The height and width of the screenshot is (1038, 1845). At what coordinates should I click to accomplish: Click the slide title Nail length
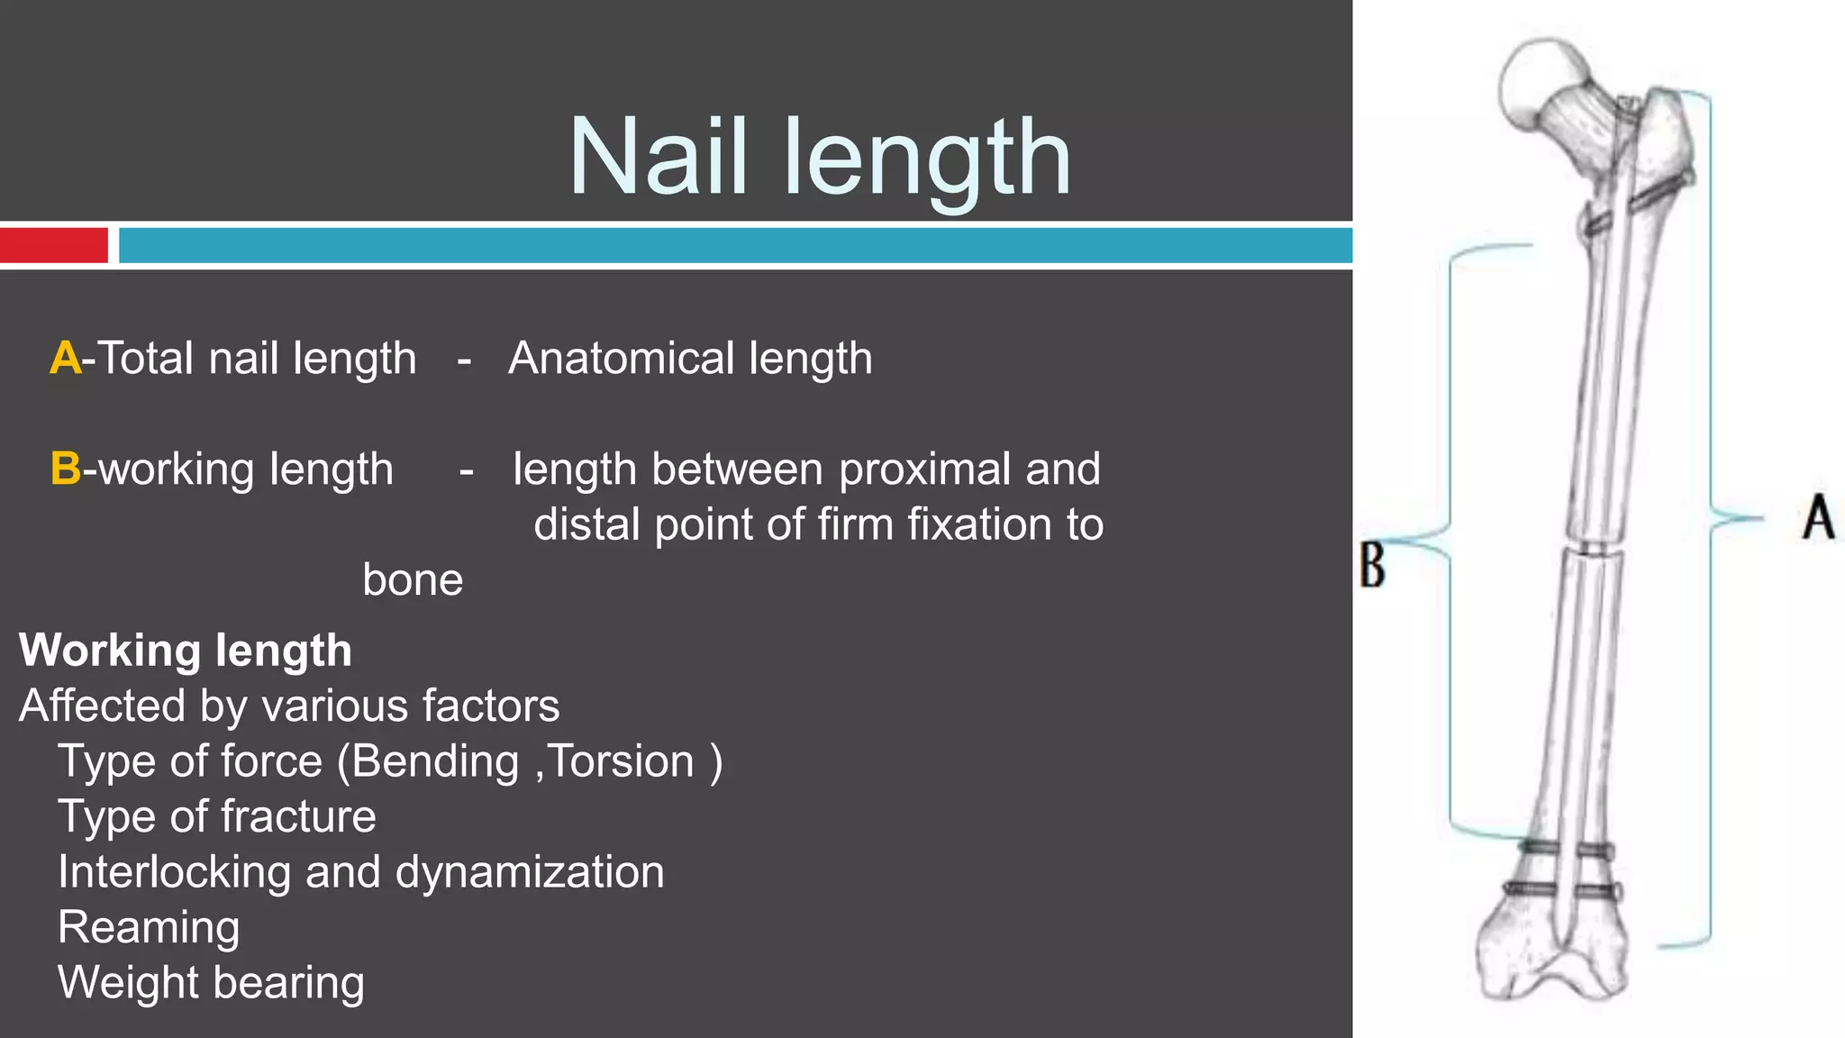820,158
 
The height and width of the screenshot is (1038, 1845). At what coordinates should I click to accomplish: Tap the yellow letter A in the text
66,359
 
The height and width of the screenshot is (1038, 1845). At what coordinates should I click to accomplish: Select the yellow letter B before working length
66,469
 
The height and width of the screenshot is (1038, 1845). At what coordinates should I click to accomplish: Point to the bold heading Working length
186,651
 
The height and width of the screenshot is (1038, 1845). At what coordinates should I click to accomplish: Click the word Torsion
622,761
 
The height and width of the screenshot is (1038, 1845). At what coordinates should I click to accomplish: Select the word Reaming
150,927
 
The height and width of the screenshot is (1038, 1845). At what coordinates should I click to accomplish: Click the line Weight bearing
212,982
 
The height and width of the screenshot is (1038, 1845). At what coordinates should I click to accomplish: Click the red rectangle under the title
54,245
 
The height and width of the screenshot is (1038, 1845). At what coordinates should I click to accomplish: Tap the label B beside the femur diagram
1372,565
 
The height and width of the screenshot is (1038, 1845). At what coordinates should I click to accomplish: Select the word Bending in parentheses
435,761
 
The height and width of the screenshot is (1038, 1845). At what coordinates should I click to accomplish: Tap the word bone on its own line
413,580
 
